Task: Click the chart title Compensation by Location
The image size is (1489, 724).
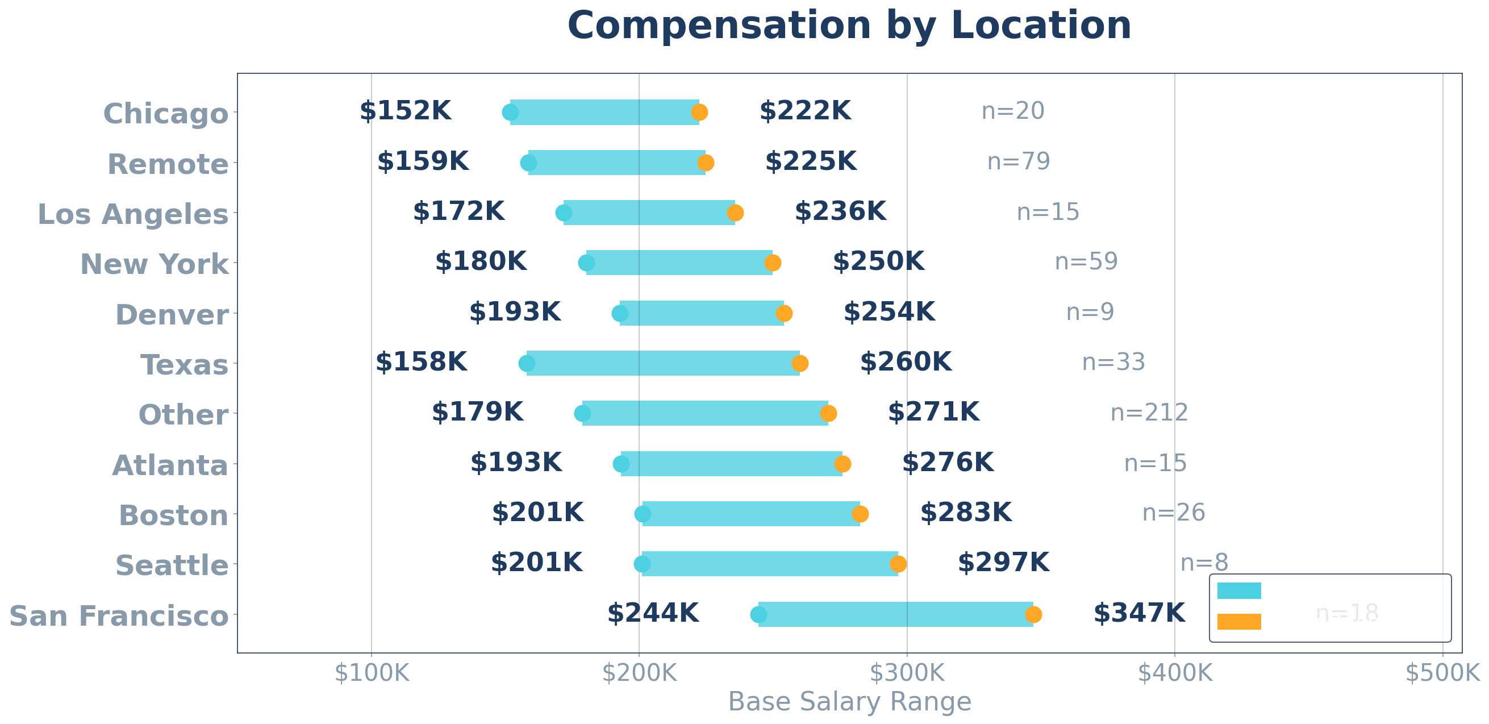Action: click(x=849, y=26)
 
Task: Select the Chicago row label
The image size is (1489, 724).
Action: click(x=166, y=113)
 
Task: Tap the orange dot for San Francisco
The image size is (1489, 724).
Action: click(x=1033, y=615)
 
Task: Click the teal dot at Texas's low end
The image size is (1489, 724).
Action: click(x=527, y=364)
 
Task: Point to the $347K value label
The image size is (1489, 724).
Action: click(x=1138, y=614)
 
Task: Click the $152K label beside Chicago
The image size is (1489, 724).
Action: click(x=405, y=111)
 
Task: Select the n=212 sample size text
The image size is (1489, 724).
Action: click(x=1149, y=413)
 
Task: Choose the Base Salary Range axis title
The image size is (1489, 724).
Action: click(x=849, y=702)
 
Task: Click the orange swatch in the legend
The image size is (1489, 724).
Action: click(x=1238, y=622)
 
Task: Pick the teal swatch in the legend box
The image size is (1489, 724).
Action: click(x=1238, y=591)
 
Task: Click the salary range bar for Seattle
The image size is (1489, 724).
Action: click(x=769, y=564)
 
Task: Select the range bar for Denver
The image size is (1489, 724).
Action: click(x=702, y=314)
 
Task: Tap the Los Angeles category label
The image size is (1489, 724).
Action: click(x=133, y=215)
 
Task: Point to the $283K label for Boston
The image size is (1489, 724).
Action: click(x=966, y=513)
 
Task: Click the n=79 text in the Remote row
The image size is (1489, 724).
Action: click(x=1019, y=162)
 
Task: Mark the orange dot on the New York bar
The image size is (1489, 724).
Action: click(x=773, y=263)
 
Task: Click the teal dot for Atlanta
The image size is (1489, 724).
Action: click(x=621, y=464)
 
